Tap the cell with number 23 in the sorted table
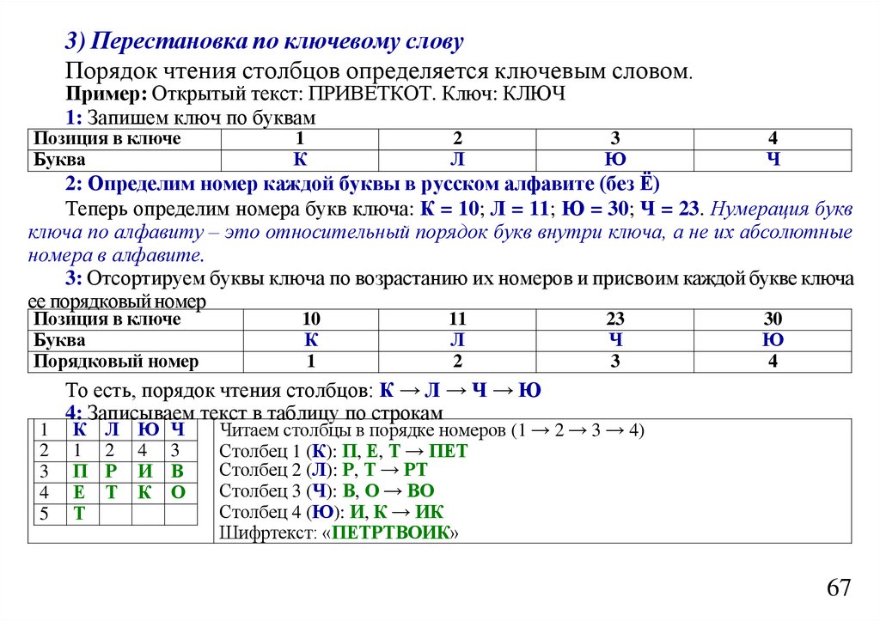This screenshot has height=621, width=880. [x=615, y=320]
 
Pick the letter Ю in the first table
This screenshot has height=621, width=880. [x=615, y=160]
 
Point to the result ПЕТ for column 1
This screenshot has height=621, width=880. [x=449, y=451]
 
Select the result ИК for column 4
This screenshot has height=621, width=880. [x=429, y=512]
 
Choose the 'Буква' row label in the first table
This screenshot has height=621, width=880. [x=59, y=160]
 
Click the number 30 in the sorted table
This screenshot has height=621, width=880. [x=773, y=320]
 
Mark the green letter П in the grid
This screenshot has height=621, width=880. [x=80, y=471]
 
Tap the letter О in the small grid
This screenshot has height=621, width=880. [x=178, y=492]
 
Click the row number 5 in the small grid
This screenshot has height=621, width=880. [x=44, y=514]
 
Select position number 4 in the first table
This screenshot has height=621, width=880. [x=773, y=139]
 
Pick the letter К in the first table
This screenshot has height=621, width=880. [x=300, y=160]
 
